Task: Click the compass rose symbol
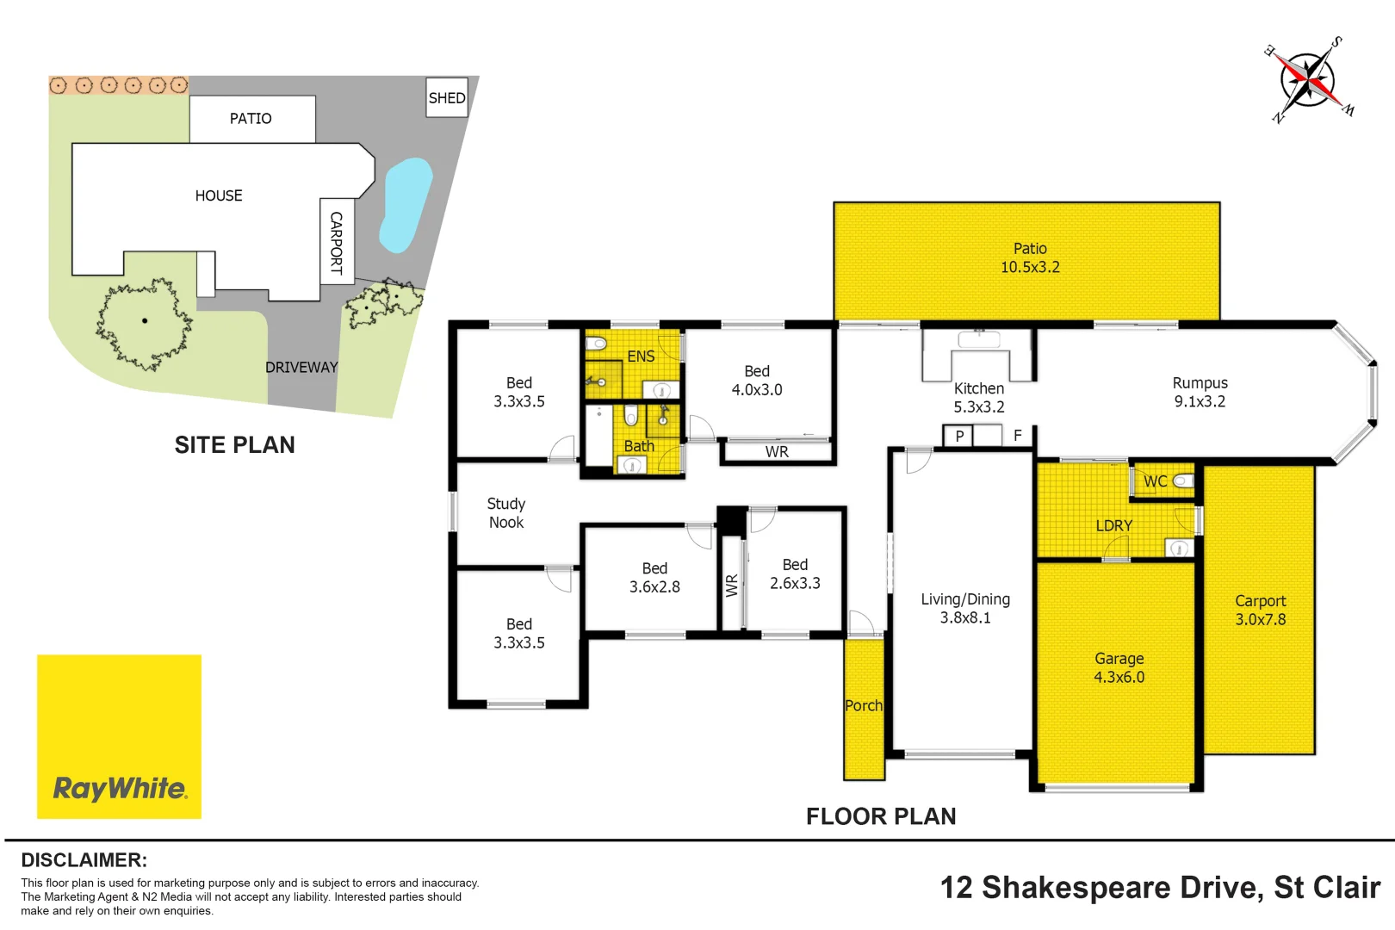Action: pyautogui.click(x=1308, y=80)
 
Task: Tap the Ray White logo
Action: pyautogui.click(x=119, y=736)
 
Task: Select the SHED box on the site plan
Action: pyautogui.click(x=447, y=97)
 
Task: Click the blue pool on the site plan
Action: pyautogui.click(x=406, y=205)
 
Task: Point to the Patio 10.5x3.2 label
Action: pyautogui.click(x=1030, y=257)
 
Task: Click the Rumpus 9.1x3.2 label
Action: pyautogui.click(x=1200, y=392)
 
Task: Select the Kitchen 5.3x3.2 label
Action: pyautogui.click(x=979, y=398)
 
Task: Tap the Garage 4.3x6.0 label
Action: pyautogui.click(x=1119, y=667)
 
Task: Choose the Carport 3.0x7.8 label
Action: pyautogui.click(x=1261, y=610)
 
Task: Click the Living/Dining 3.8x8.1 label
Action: pyautogui.click(x=965, y=608)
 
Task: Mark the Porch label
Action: pyautogui.click(x=864, y=706)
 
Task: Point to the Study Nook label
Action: pyautogui.click(x=506, y=512)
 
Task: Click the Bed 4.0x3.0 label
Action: pyautogui.click(x=757, y=380)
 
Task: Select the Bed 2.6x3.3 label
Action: pyautogui.click(x=796, y=573)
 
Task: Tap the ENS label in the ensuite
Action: pyautogui.click(x=641, y=356)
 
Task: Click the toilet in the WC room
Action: pyautogui.click(x=1183, y=480)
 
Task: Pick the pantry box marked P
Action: pyautogui.click(x=958, y=436)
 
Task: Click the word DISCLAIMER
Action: pyautogui.click(x=84, y=860)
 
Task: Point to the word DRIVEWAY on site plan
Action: pyautogui.click(x=301, y=368)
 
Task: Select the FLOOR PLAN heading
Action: pyautogui.click(x=881, y=816)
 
